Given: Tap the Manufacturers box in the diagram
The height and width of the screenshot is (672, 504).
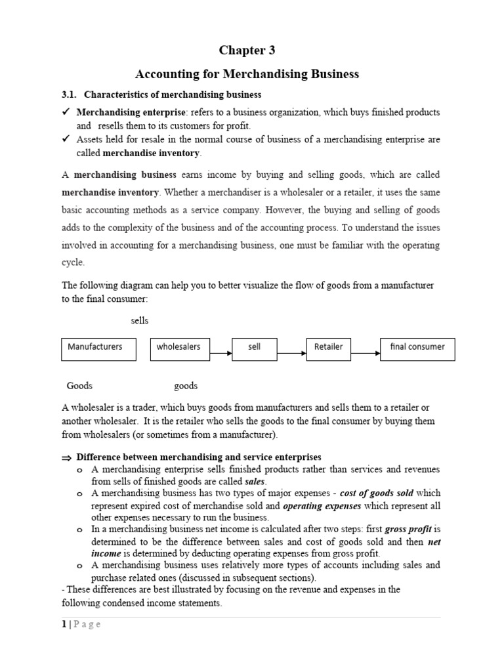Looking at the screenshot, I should point(98,349).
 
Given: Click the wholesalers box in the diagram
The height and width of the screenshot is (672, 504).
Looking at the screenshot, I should point(180,349).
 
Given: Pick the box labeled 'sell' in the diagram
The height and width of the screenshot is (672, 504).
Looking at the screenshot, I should point(255,349).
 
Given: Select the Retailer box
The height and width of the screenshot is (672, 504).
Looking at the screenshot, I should point(329,349).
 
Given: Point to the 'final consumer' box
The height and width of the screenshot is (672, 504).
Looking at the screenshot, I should point(417,349).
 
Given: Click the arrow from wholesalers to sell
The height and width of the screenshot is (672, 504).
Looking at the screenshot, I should point(220,354).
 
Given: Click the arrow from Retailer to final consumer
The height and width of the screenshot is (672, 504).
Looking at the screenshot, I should point(366,354).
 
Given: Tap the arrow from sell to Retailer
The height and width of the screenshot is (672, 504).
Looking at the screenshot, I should point(291,354).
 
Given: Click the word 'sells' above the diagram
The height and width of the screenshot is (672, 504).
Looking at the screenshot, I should point(140,321).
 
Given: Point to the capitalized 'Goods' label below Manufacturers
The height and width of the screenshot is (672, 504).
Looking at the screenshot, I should point(79,385).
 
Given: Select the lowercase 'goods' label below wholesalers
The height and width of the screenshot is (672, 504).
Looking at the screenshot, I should point(186,385).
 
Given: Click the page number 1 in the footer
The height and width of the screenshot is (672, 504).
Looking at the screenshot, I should point(64,624).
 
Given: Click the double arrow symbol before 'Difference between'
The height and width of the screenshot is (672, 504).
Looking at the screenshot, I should point(66,457).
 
